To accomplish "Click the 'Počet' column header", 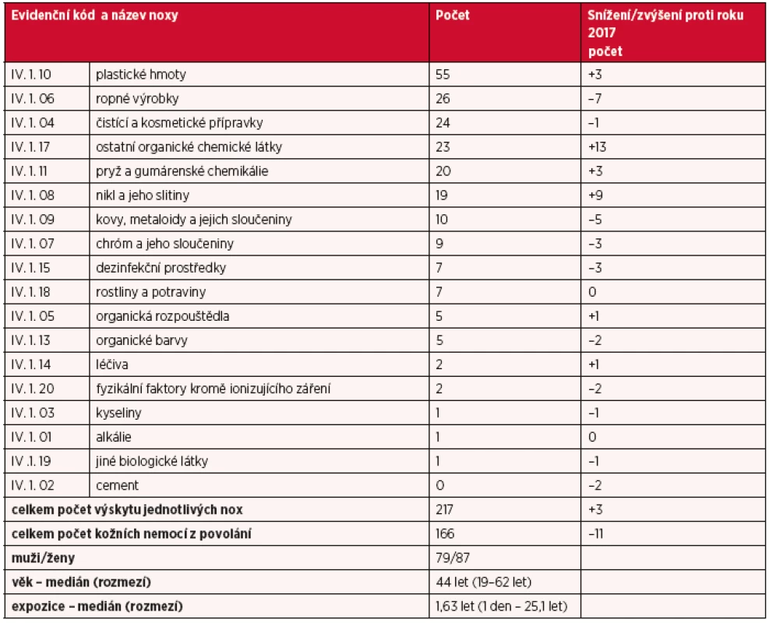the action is coord(453,15).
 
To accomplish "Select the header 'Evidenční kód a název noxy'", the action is coord(94,16).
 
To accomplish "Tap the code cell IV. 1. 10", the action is coord(30,74).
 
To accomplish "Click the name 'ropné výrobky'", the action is coord(137,98).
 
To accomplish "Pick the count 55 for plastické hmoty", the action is coord(443,74).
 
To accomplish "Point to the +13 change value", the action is coord(597,147).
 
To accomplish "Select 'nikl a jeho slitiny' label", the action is coord(143,195).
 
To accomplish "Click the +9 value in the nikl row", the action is coord(595,195).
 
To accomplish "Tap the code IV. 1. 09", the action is coord(33,219).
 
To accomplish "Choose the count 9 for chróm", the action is coord(439,244).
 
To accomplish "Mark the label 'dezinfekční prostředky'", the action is coord(160,268).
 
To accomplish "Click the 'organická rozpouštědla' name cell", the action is coord(162,316).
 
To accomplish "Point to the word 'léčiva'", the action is coord(112,364).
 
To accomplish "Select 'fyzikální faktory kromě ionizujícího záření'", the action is coord(213,389).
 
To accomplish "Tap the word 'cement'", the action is coord(118,485).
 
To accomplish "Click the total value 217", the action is coord(444,509).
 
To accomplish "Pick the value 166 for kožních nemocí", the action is coord(445,534).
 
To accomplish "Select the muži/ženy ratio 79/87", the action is coord(453,558).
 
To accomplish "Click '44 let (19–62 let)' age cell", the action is coord(484,583).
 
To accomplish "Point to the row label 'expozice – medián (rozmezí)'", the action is coord(97,607).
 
